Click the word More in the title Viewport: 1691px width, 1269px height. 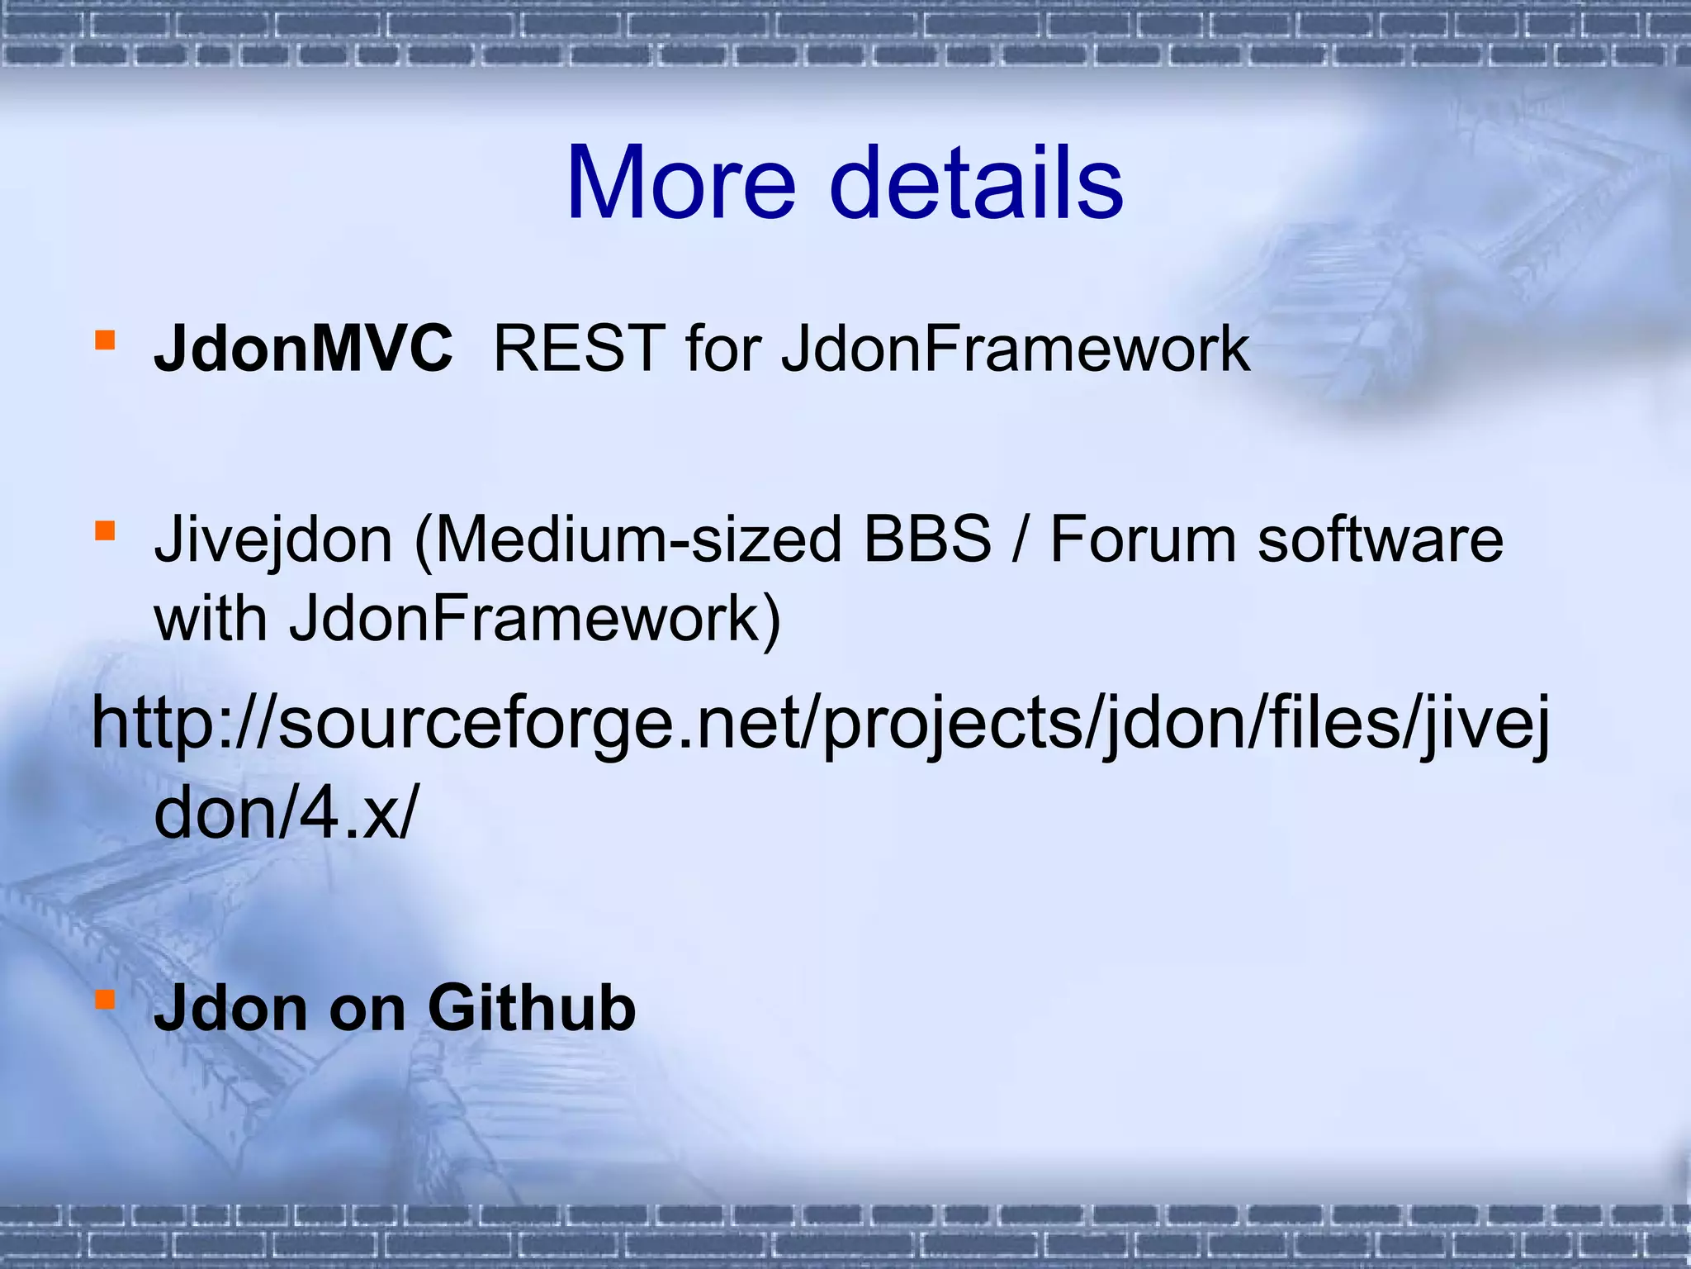pos(680,183)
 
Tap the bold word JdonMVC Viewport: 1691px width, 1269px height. pos(303,349)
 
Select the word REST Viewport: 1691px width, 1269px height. pos(579,349)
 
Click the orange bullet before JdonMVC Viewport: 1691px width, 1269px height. pos(104,340)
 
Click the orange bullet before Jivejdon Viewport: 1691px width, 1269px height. pos(104,530)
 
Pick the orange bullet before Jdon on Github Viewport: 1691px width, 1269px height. pos(104,1000)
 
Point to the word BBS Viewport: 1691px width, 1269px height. pos(926,539)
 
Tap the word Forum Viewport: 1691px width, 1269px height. pos(1142,539)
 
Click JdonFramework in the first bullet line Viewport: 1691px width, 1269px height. pos(1016,349)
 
